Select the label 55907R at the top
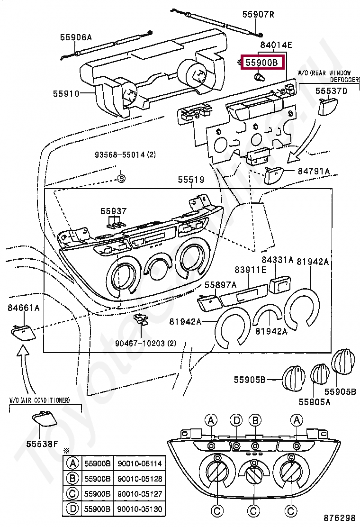click(x=258, y=14)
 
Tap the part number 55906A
click(x=76, y=36)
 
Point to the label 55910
click(x=66, y=94)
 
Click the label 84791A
click(x=314, y=171)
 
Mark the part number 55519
click(x=191, y=180)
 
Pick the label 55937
click(x=113, y=210)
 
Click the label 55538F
click(x=42, y=444)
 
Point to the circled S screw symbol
click(x=121, y=179)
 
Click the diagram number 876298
click(x=340, y=518)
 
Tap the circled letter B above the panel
click(x=255, y=420)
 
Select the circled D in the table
click(x=72, y=509)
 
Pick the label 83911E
click(x=250, y=270)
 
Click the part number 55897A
click(x=220, y=285)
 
